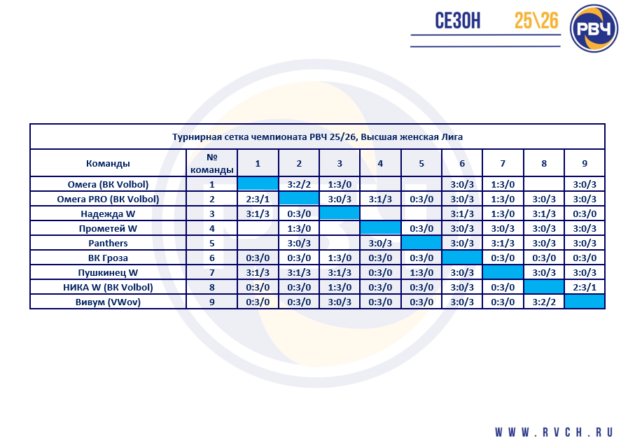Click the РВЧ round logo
[x=594, y=29]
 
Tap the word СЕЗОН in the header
[x=458, y=21]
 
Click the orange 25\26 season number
[x=536, y=21]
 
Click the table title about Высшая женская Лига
[x=317, y=137]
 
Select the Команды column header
[x=108, y=163]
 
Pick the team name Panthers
[x=108, y=243]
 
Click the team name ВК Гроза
[x=108, y=258]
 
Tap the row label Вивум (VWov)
[x=108, y=302]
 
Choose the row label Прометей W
[x=108, y=228]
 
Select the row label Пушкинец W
[x=108, y=272]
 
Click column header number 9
[x=585, y=163]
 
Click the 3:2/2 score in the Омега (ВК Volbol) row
[x=299, y=184]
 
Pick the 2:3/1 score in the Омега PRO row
[x=258, y=199]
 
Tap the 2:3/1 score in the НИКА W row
[x=585, y=287]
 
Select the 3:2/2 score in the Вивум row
[x=544, y=302]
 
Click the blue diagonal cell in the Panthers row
[x=421, y=243]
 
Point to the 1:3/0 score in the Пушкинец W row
[x=421, y=272]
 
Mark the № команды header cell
[x=211, y=163]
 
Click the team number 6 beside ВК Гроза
[x=211, y=258]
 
